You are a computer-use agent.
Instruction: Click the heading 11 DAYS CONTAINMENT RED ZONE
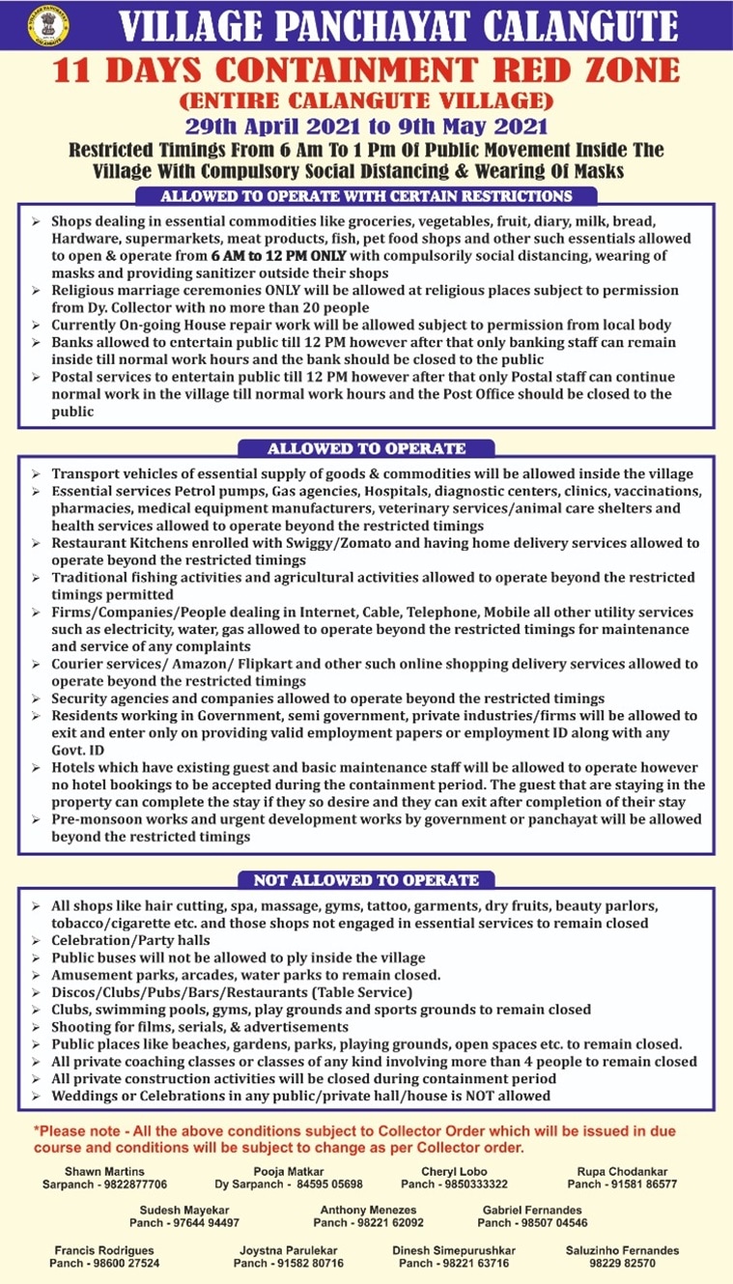366,71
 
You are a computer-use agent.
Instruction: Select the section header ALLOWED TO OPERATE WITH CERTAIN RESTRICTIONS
366,196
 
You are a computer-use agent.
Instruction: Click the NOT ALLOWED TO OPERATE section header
366,880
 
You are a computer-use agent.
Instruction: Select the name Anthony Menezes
369,1210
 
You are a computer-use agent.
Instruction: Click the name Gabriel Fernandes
532,1210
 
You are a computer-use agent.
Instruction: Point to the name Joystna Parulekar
289,1250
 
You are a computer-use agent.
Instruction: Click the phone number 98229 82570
622,1263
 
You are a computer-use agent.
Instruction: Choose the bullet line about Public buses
238,957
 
